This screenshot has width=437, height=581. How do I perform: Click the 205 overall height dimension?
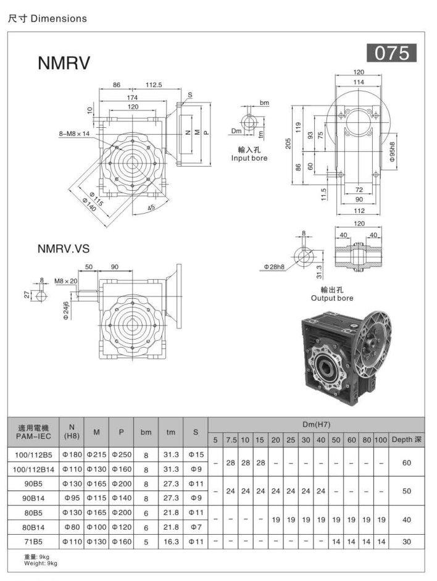click(288, 143)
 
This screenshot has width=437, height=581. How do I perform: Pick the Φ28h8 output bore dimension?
click(275, 266)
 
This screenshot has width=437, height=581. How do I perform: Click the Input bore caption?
click(249, 158)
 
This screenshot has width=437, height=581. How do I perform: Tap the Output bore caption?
click(332, 298)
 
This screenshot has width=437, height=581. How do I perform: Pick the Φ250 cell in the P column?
click(121, 454)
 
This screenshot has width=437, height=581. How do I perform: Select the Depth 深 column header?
click(407, 440)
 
